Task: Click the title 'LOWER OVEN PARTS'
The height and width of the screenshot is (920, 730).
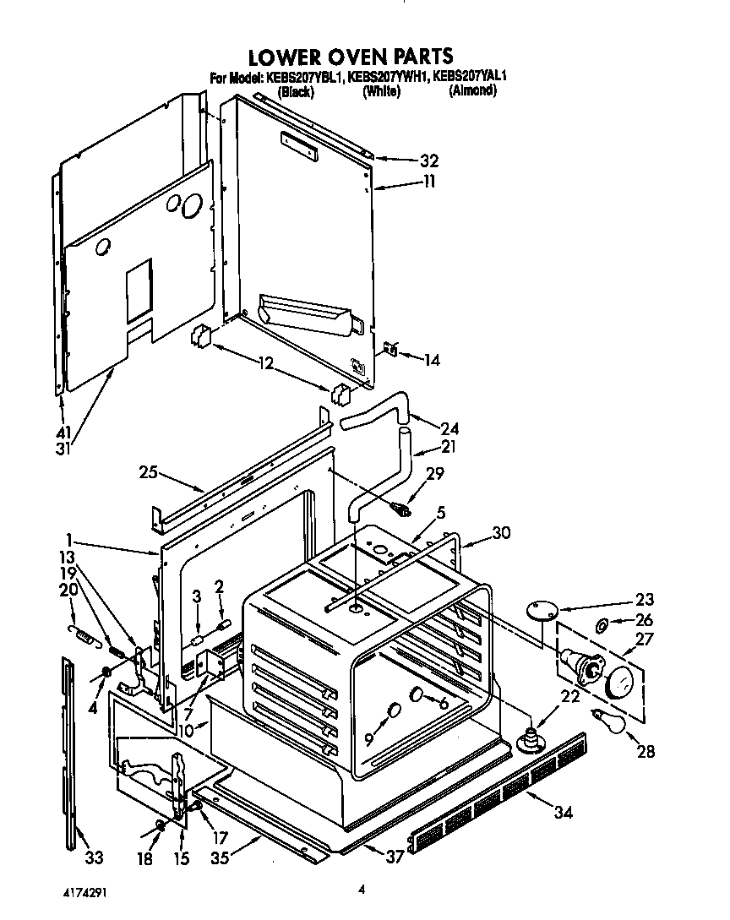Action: [350, 57]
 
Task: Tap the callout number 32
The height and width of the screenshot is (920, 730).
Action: [429, 161]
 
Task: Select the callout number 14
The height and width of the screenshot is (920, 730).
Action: [432, 360]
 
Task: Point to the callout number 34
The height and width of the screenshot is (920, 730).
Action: [564, 813]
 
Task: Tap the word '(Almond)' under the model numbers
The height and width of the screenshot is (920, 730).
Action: [472, 91]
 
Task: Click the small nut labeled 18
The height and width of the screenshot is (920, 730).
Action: [160, 825]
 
